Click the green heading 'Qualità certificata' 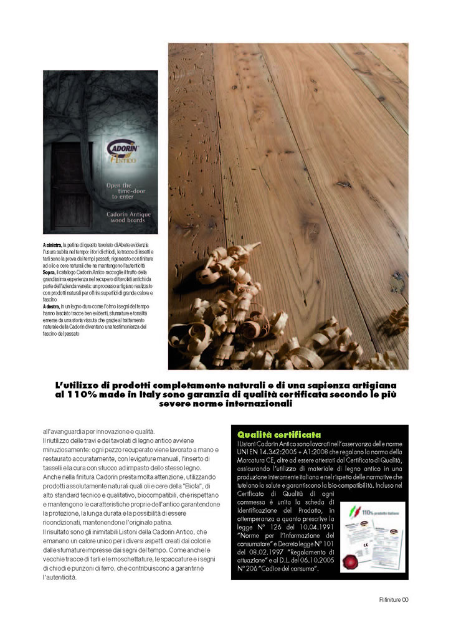[x=279, y=434]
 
